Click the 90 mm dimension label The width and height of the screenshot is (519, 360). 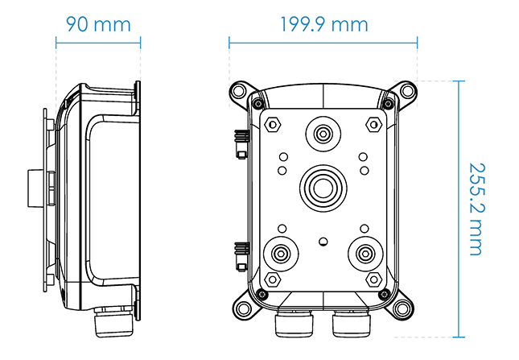tap(98, 24)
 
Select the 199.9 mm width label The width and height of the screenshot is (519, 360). tap(324, 24)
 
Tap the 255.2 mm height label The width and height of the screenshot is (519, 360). tap(477, 209)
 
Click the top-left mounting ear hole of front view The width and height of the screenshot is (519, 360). tap(238, 91)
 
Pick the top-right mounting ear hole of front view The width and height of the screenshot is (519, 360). tap(408, 91)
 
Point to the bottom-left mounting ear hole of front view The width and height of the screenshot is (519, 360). tap(243, 308)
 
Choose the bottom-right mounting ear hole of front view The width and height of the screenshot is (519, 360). tap(402, 308)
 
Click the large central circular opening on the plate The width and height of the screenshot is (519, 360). tap(323, 188)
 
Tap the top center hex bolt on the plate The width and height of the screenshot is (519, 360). tap(323, 134)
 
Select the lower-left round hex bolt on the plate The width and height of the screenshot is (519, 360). tap(281, 254)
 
